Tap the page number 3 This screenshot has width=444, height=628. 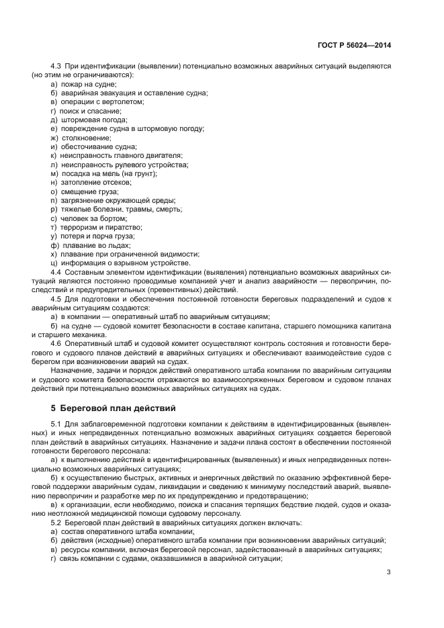pyautogui.click(x=389, y=572)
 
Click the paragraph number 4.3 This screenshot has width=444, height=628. pyautogui.click(x=56, y=67)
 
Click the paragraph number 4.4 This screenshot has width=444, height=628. pyautogui.click(x=56, y=272)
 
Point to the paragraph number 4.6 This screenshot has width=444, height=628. pyautogui.click(x=56, y=344)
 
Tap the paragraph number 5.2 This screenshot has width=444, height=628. pyautogui.click(x=56, y=522)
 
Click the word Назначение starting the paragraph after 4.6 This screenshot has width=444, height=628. pyautogui.click(x=71, y=371)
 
